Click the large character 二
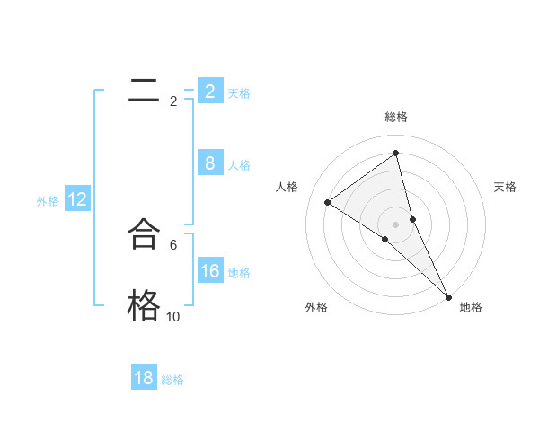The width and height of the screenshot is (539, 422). tap(144, 90)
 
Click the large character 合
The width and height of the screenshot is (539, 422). tap(144, 234)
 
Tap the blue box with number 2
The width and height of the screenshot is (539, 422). tap(209, 91)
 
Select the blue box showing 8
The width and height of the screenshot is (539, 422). tap(209, 163)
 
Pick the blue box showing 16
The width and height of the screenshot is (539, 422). tap(209, 271)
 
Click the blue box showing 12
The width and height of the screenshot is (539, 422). tap(77, 199)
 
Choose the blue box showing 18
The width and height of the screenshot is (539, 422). tap(144, 378)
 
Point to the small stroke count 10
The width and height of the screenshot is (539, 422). tap(173, 317)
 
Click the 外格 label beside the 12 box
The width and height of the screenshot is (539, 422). tap(48, 201)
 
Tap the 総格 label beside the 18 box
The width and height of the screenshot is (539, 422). tap(172, 380)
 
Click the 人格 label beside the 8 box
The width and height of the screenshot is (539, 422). tap(239, 165)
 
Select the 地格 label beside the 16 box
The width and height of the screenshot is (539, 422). tap(239, 273)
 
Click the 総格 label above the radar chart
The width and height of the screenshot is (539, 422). tap(396, 117)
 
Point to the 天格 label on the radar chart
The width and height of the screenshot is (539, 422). tap(505, 187)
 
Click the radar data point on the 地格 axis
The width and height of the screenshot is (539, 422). tap(448, 295)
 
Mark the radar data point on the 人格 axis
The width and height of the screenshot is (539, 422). tap(327, 202)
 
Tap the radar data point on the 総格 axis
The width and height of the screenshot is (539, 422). tap(396, 154)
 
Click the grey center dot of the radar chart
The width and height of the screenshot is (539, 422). tap(396, 224)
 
